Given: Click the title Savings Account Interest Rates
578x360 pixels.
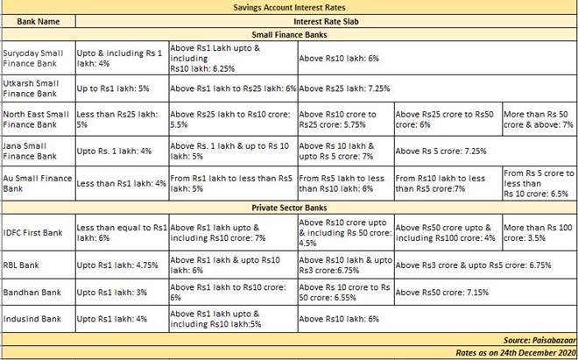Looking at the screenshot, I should [x=289, y=6].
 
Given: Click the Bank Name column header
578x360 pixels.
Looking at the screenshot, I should [x=38, y=19].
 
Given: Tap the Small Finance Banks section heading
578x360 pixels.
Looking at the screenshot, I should [x=289, y=32].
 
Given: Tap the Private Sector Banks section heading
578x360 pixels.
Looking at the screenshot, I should [x=289, y=208].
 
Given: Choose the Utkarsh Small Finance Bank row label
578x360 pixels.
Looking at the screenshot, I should [x=38, y=88].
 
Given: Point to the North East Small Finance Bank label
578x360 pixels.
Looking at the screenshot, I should [x=38, y=119].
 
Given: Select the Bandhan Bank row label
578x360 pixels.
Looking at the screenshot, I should [x=32, y=292].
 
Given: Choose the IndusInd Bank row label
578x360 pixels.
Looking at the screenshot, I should [x=32, y=319].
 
